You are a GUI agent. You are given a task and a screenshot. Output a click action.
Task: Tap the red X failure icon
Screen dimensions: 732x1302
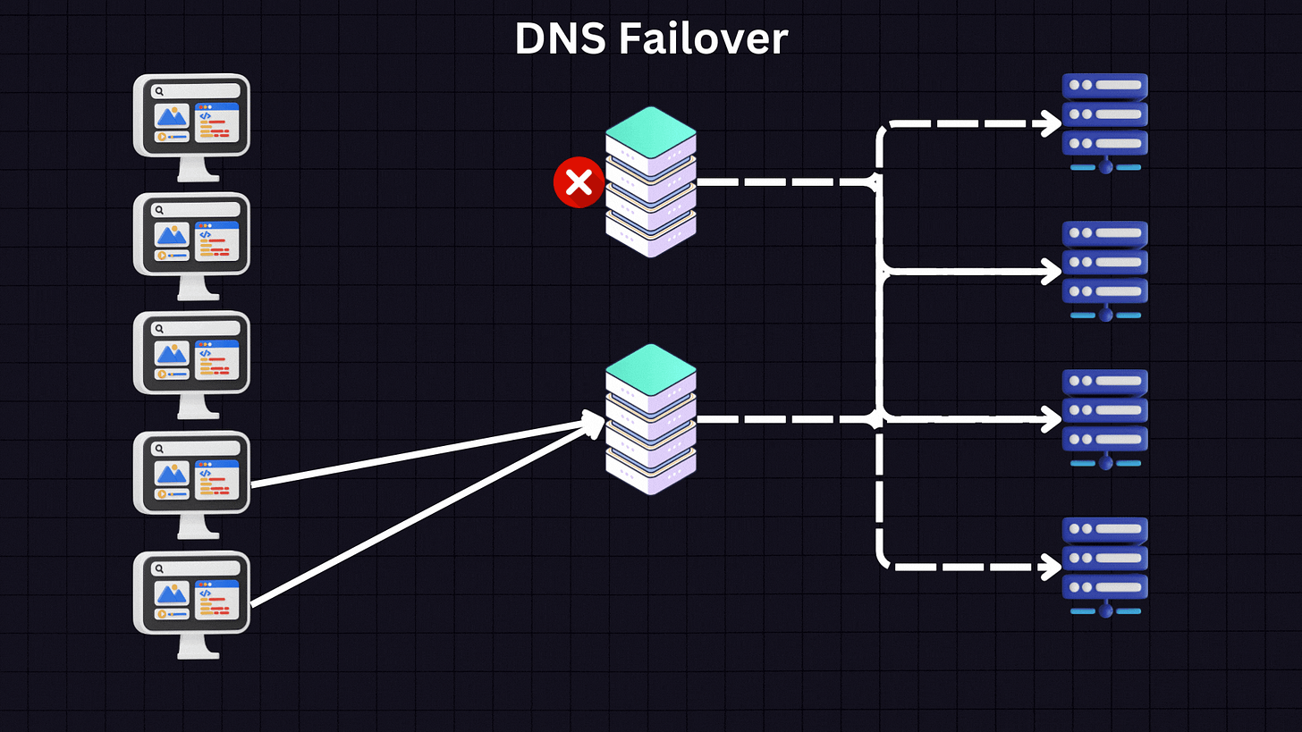[x=579, y=182]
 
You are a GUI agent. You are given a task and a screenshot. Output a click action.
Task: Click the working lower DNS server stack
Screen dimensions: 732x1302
[x=650, y=419]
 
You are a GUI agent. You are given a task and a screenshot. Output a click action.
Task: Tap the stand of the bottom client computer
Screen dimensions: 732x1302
[x=199, y=648]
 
